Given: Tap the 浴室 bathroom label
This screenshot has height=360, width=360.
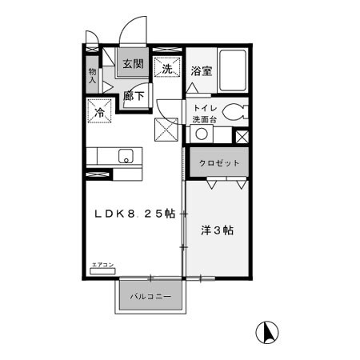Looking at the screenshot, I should pos(202,71).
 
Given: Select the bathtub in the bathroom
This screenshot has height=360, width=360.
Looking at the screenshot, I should pos(233,72).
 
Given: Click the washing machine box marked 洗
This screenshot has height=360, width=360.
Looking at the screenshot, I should pos(167,69).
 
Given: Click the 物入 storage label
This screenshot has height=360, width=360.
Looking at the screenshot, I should pos(92,76).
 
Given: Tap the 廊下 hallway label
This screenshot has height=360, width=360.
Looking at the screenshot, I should pos(134,95).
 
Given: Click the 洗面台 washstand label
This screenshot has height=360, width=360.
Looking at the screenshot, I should pos(203,120).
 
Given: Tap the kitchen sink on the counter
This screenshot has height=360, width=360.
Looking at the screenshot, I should pos(126,155).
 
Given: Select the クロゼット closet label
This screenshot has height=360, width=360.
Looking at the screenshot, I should pos(219,163).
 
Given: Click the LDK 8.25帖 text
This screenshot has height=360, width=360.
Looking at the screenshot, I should pos(135,214).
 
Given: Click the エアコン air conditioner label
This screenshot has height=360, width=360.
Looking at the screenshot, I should pos(102,265).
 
